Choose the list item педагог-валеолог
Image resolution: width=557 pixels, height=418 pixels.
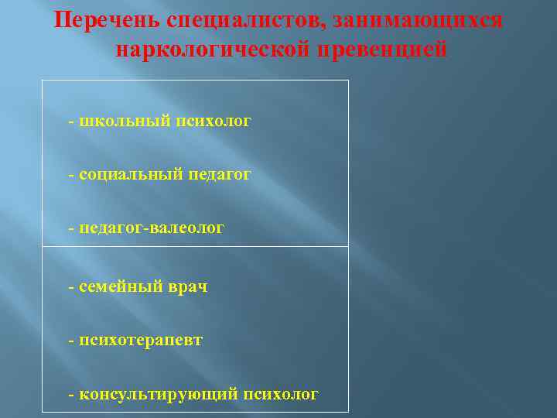(x=152, y=228)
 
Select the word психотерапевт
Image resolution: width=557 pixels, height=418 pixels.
(x=141, y=340)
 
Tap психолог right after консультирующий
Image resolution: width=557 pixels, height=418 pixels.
(x=281, y=394)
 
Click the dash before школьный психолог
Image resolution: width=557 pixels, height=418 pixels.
(x=71, y=122)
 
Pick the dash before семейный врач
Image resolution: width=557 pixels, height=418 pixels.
(x=71, y=287)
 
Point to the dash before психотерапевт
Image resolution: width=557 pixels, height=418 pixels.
(x=71, y=341)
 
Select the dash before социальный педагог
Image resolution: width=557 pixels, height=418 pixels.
(x=71, y=176)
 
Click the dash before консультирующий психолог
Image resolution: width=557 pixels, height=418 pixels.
(x=71, y=395)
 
